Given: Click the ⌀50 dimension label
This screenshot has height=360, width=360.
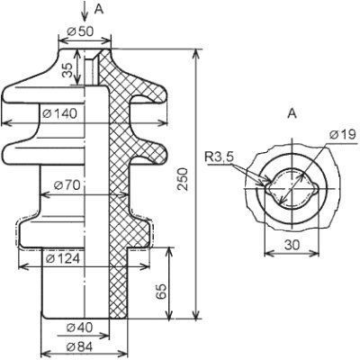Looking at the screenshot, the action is (x=80, y=31).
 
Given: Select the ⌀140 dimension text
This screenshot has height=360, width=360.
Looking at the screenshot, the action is (x=59, y=113).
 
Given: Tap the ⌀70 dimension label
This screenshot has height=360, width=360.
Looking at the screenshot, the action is (x=67, y=185).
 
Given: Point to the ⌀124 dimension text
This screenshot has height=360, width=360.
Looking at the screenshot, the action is (x=63, y=258).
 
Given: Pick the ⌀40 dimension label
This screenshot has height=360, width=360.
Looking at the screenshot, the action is (x=80, y=328).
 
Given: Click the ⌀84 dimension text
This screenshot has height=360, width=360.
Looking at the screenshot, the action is (x=80, y=347).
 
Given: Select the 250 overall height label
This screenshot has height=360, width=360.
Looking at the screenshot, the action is (x=182, y=179).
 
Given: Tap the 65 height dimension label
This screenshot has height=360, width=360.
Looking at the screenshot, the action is (x=161, y=292).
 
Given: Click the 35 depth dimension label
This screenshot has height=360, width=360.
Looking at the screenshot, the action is (x=67, y=70).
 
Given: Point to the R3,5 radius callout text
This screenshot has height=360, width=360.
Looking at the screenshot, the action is (x=219, y=157).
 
